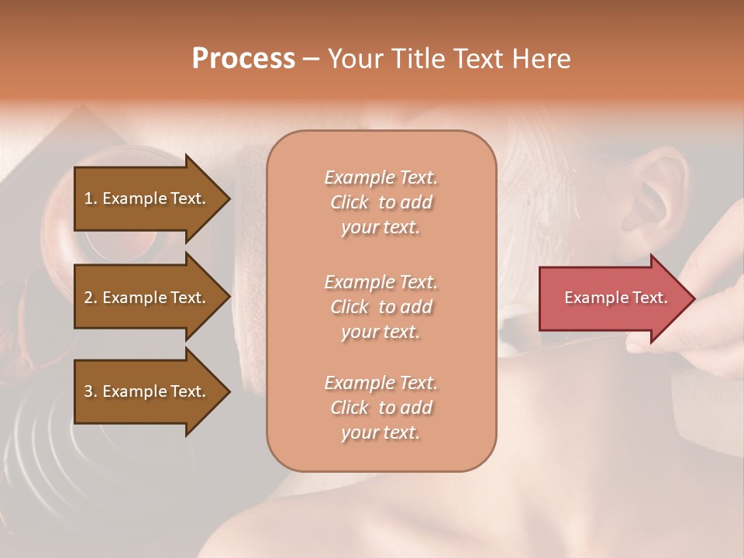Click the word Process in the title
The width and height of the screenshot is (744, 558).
tap(243, 59)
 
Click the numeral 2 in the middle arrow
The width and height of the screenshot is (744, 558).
tap(88, 298)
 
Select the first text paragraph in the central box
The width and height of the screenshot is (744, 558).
tap(381, 202)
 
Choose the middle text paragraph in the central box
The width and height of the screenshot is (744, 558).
tap(381, 307)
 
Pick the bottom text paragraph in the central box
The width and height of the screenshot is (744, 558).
tap(381, 408)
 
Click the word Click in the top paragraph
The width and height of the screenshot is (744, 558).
tap(350, 202)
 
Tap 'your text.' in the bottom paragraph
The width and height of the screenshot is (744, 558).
tap(381, 432)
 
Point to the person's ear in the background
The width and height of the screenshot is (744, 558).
tap(663, 194)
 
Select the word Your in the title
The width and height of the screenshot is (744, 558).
tap(352, 59)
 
